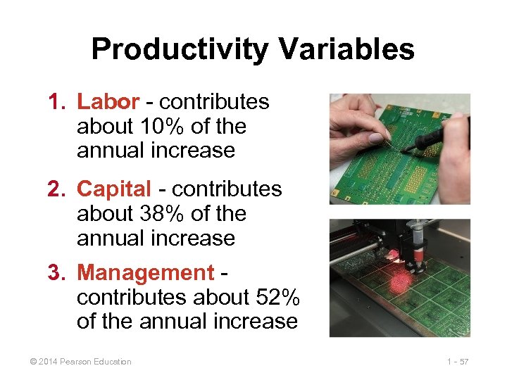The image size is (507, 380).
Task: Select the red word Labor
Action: pyautogui.click(x=108, y=102)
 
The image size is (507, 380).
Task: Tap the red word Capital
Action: pyautogui.click(x=114, y=189)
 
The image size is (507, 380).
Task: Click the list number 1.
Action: pyautogui.click(x=55, y=102)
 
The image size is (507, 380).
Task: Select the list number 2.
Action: pyautogui.click(x=56, y=189)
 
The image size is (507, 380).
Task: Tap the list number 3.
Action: pyautogui.click(x=56, y=272)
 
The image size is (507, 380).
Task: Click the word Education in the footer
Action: pyautogui.click(x=110, y=362)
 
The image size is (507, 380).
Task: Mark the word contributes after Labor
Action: pyautogui.click(x=214, y=102)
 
